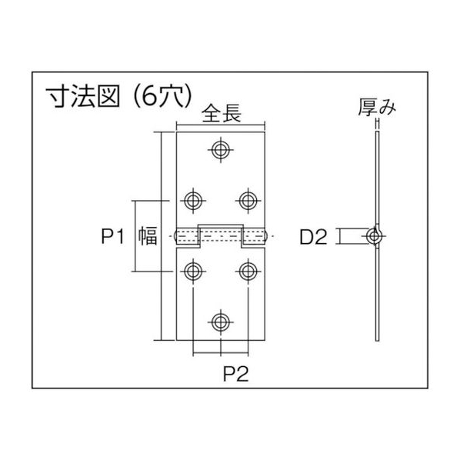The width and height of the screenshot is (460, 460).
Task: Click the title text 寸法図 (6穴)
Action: coord(119,96)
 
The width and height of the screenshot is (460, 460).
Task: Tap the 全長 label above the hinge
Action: coord(222,114)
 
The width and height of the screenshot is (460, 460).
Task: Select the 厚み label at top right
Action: coord(377,108)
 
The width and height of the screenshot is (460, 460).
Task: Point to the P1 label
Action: coord(113,236)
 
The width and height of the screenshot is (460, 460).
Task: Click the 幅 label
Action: coord(148,236)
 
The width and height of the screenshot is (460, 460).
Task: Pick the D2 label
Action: coord(313,237)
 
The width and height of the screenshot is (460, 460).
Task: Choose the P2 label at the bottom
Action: coord(236,374)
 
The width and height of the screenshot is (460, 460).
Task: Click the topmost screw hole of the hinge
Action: coord(221,150)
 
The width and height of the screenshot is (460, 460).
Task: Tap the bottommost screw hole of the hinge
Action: coord(221,322)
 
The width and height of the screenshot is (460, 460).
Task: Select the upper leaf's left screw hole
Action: coord(193,201)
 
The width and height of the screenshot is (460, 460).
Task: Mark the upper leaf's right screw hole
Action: coord(248,201)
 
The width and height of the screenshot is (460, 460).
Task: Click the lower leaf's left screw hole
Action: coord(193,272)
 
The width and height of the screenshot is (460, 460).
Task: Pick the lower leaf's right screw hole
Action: coord(248,272)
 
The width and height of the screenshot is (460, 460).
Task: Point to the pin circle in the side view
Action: coord(374,236)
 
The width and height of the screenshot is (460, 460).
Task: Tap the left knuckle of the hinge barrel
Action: coord(187,236)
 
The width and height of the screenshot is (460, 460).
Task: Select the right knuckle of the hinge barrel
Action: coord(255,236)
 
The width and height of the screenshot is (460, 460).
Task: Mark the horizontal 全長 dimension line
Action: coord(221,125)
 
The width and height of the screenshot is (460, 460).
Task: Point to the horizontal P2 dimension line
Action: coord(221,353)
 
